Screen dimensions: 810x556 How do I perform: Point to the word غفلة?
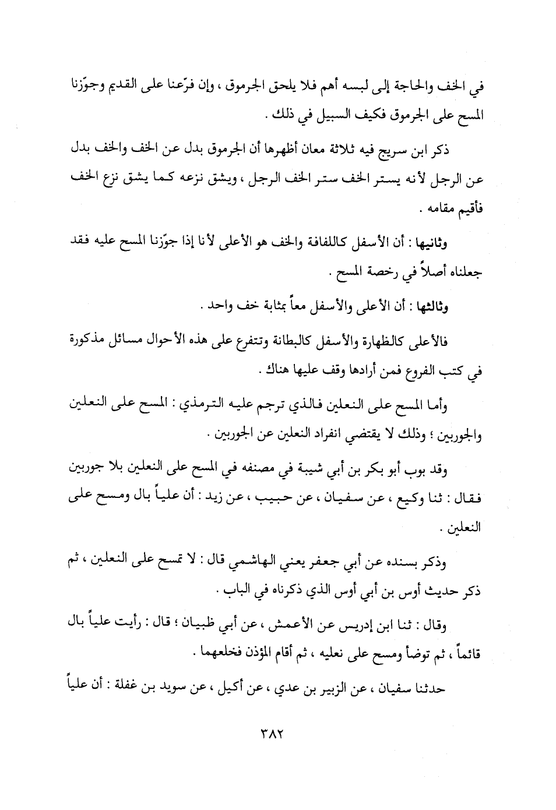click(116, 689)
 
